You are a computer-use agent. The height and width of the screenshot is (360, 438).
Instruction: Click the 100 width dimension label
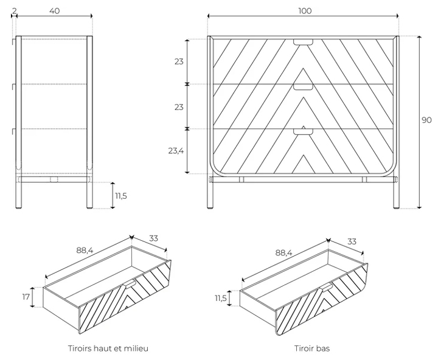coord(305,10)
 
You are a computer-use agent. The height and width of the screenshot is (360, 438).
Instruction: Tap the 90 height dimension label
coord(426,120)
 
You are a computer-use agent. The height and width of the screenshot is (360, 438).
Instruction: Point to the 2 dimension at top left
coord(13,10)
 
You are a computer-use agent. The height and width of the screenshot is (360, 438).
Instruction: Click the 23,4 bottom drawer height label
coord(176,151)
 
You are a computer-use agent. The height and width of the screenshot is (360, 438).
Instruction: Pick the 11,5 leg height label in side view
coord(121,195)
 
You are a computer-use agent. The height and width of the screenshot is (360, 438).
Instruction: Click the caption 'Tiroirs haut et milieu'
coord(108,348)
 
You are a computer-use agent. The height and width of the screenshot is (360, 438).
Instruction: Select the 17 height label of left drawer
coord(26,297)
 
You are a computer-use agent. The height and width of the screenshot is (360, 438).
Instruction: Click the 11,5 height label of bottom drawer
coord(220,298)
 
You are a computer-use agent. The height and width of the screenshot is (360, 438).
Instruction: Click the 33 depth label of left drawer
coord(153,238)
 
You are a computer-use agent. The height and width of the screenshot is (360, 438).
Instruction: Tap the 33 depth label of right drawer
coord(352,241)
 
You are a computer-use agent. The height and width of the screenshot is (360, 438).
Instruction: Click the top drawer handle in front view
coord(302,42)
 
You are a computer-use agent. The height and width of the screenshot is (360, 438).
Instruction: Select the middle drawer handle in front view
coord(302,87)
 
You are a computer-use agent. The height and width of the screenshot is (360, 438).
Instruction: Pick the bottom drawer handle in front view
coord(302,131)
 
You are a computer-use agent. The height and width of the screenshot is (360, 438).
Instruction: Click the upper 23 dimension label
coord(179,61)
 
